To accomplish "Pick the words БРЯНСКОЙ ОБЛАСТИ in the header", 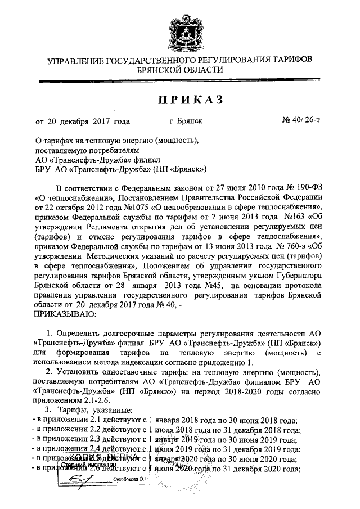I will (180, 70).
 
